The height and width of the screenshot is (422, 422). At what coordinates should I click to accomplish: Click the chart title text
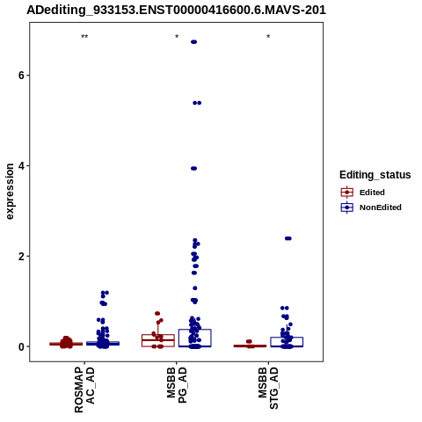pos(176,10)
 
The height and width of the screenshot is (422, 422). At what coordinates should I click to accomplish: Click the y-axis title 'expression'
pos(10,192)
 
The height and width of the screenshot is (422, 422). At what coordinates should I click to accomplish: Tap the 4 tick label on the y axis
pos(20,166)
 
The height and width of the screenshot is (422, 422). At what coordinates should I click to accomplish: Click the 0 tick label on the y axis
pos(20,346)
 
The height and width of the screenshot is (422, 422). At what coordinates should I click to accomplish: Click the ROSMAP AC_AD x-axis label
pos(84,389)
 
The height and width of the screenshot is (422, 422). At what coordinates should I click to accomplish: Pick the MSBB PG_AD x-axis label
pos(177,385)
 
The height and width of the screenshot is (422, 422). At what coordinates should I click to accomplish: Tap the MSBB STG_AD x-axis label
pos(268,388)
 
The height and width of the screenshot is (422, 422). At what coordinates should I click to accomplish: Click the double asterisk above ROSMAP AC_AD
pos(84,37)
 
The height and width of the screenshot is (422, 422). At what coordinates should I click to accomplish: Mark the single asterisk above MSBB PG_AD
pos(177,37)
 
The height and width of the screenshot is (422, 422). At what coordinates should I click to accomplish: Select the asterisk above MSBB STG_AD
pos(268,37)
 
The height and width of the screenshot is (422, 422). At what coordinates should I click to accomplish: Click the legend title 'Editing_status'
pos(375,175)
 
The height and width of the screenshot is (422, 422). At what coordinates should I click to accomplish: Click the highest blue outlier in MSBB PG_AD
pos(193,42)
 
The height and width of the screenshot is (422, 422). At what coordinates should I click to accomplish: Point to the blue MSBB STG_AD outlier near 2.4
pos(288,238)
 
